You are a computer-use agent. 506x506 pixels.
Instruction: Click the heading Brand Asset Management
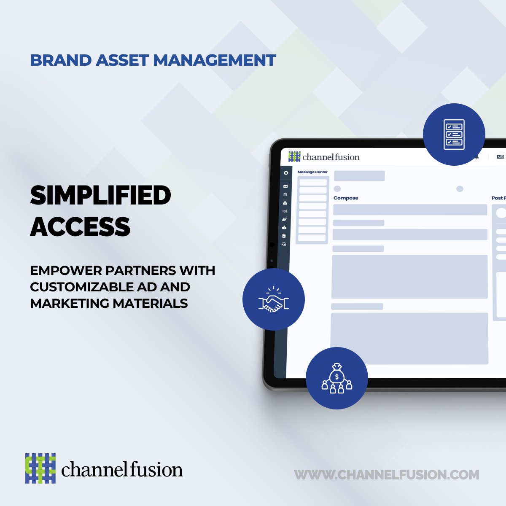(153, 60)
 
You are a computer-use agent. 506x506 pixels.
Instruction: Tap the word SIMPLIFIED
(100, 196)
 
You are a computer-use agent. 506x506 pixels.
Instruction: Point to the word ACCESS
(80, 226)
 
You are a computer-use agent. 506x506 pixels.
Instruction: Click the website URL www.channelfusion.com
(386, 475)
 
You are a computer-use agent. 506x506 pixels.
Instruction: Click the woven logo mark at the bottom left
(40, 468)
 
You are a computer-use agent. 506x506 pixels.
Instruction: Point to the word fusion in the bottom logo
(155, 470)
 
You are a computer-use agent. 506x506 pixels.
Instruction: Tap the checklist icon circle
(454, 134)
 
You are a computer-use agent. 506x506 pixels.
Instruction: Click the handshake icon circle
(273, 299)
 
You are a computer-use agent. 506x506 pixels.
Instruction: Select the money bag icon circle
(336, 378)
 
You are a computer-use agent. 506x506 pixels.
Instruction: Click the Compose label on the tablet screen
(346, 198)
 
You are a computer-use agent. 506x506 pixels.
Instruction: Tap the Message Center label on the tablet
(312, 172)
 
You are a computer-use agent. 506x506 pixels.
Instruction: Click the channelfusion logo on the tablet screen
(324, 157)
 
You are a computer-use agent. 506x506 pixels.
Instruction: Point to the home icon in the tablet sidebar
(285, 173)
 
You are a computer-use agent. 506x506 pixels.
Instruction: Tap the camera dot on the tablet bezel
(272, 245)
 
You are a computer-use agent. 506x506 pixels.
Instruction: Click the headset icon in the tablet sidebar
(284, 244)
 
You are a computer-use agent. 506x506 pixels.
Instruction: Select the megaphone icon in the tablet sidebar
(285, 211)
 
